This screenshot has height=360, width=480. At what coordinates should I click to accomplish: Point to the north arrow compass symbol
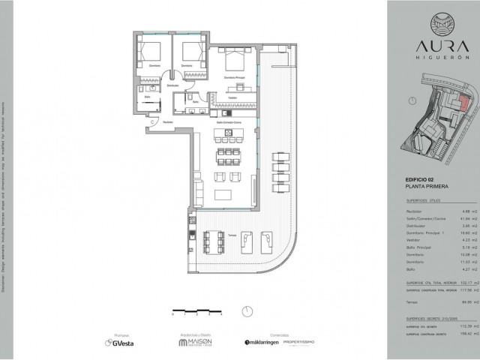tap(245, 311)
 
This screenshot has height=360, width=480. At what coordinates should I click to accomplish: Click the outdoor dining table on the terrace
tap(215, 239)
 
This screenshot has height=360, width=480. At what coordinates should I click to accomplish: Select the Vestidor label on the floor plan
tap(232, 97)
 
